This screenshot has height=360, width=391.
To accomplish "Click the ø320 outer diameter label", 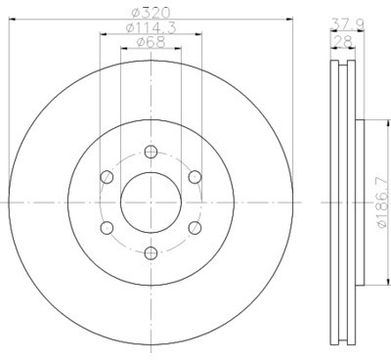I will (150, 14).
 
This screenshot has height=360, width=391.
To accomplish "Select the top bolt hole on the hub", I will (150, 152).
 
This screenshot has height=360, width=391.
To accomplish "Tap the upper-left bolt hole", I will (106, 177).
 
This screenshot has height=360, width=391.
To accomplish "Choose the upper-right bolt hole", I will (195, 177).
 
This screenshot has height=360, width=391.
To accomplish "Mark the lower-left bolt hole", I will (106, 229).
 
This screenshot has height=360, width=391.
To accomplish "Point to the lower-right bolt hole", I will (195, 229).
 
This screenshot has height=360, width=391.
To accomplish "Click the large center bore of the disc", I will (150, 202).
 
